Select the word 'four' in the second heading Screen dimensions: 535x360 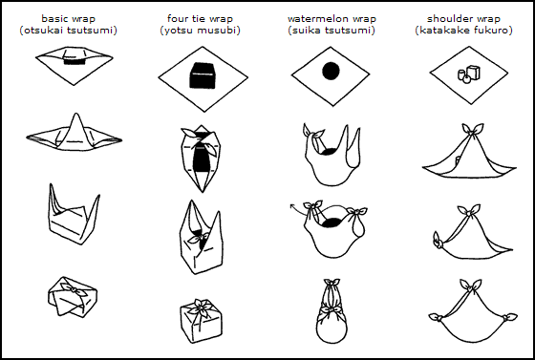(x=176, y=18)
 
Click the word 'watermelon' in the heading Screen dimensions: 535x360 (x=315, y=18)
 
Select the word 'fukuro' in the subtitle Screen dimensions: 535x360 (x=490, y=31)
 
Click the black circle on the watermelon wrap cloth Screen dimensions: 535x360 (x=331, y=71)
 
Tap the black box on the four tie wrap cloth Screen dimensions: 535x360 (x=203, y=75)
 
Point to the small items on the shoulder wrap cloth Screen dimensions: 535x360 (x=468, y=74)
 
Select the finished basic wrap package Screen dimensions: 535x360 (x=73, y=297)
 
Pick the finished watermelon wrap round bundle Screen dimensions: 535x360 (x=332, y=311)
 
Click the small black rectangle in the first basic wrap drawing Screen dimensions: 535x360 (x=75, y=61)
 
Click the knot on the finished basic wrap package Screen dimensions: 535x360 (x=73, y=289)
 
